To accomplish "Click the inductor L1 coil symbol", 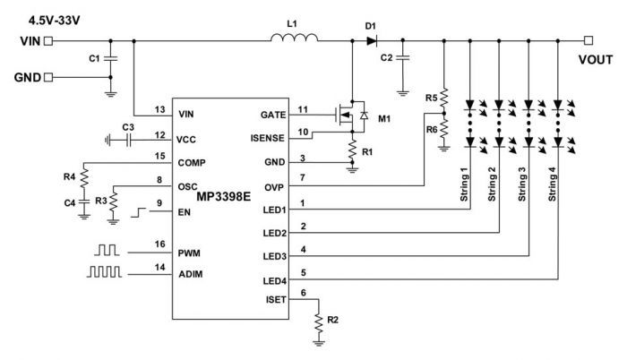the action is [295, 38].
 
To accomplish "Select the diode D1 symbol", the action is [372, 40].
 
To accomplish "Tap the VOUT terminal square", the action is [588, 40].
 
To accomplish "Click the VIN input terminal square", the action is [48, 41].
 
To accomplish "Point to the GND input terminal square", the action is [48, 77].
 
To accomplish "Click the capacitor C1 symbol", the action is [111, 58].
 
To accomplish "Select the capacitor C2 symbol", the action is [403, 58].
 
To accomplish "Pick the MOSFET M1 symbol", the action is [351, 116].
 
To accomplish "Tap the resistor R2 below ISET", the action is [319, 322].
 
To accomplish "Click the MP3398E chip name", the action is [224, 197].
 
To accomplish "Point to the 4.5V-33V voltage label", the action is [55, 21].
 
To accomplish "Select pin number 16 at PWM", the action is [160, 244].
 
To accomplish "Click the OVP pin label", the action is [274, 187].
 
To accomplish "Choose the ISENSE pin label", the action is [268, 138].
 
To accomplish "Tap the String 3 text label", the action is [522, 184].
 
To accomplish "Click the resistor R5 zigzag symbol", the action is [444, 98].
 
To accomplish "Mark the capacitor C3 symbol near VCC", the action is [128, 140].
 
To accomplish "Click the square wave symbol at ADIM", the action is [105, 271].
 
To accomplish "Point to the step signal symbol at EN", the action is [138, 212].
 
